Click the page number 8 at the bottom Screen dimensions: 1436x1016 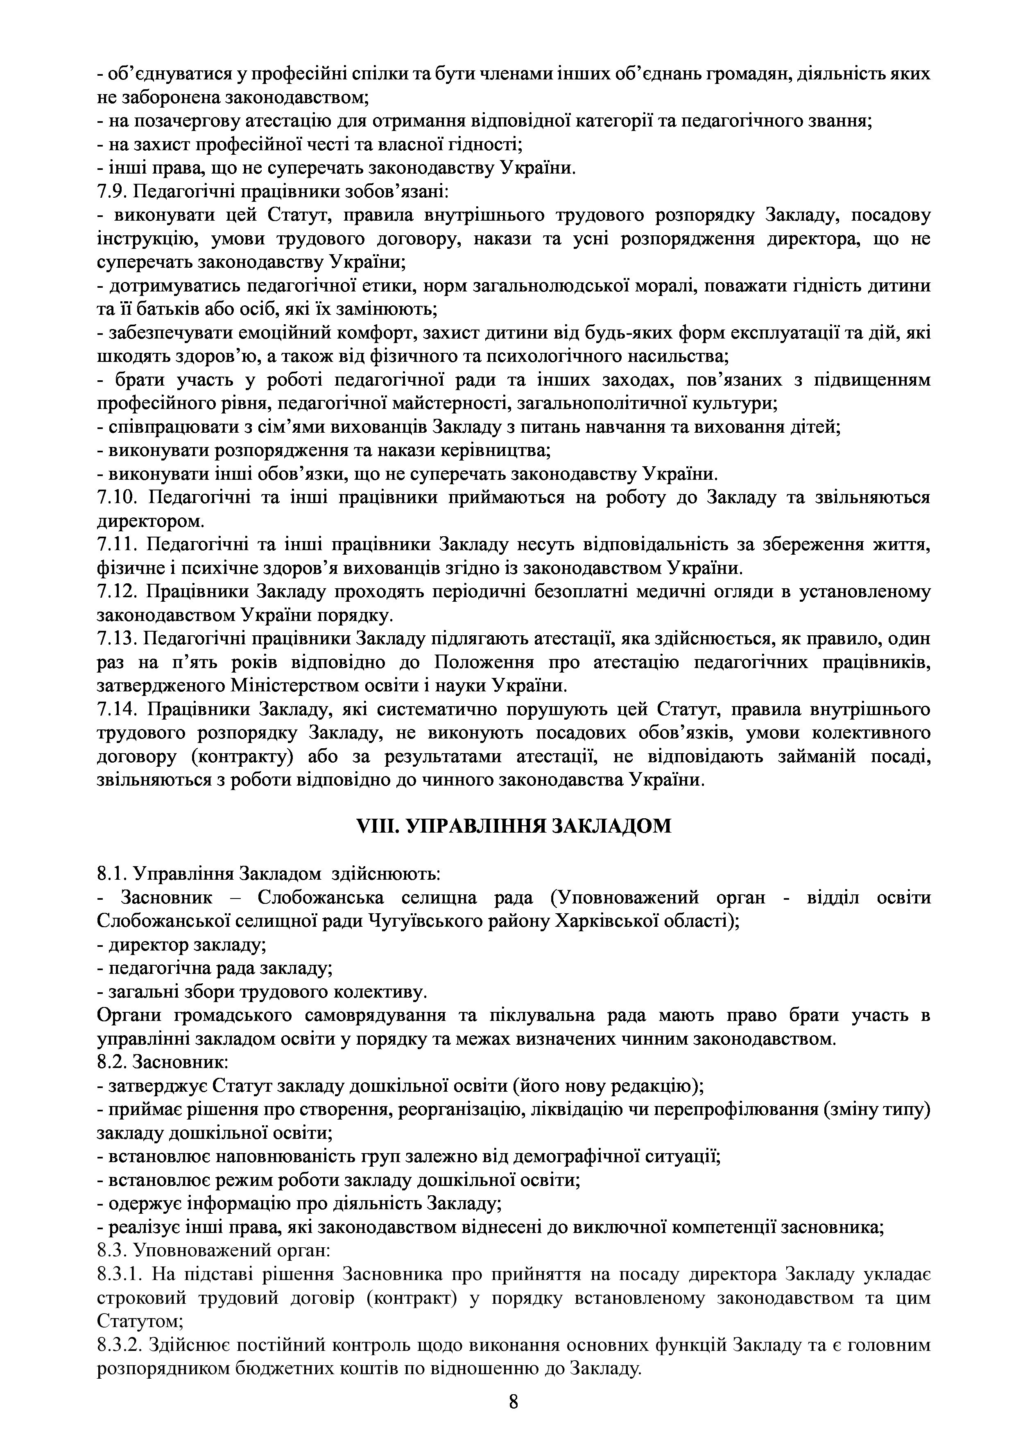[513, 1402]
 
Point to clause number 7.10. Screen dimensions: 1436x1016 [117, 498]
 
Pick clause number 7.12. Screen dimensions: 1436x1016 [117, 592]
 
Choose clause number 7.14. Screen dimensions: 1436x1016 [117, 710]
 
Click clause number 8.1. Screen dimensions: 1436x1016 [113, 874]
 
